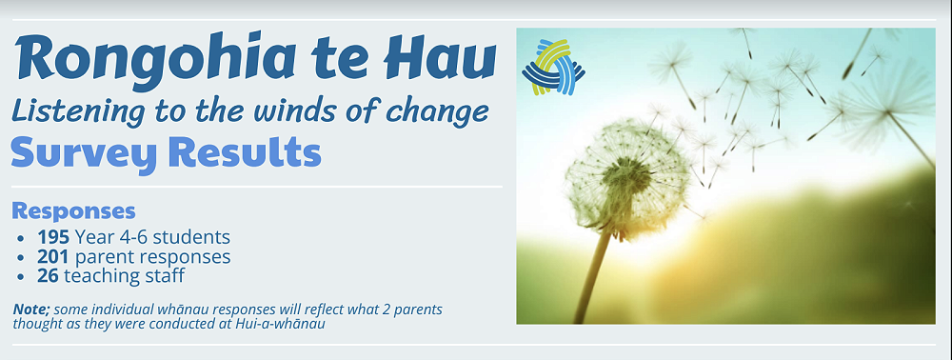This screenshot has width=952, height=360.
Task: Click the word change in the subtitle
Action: pyautogui.click(x=444, y=112)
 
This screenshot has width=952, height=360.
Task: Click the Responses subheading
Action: pyautogui.click(x=73, y=211)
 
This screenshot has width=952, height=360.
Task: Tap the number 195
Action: pyautogui.click(x=52, y=236)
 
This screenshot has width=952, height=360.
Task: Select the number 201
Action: pyautogui.click(x=52, y=256)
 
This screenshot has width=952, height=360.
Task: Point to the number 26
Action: pyautogui.click(x=48, y=276)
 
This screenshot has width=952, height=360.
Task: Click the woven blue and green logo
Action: pyautogui.click(x=553, y=68)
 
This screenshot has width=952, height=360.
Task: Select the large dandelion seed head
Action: pyautogui.click(x=627, y=177)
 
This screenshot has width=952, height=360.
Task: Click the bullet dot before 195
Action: pyautogui.click(x=22, y=237)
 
